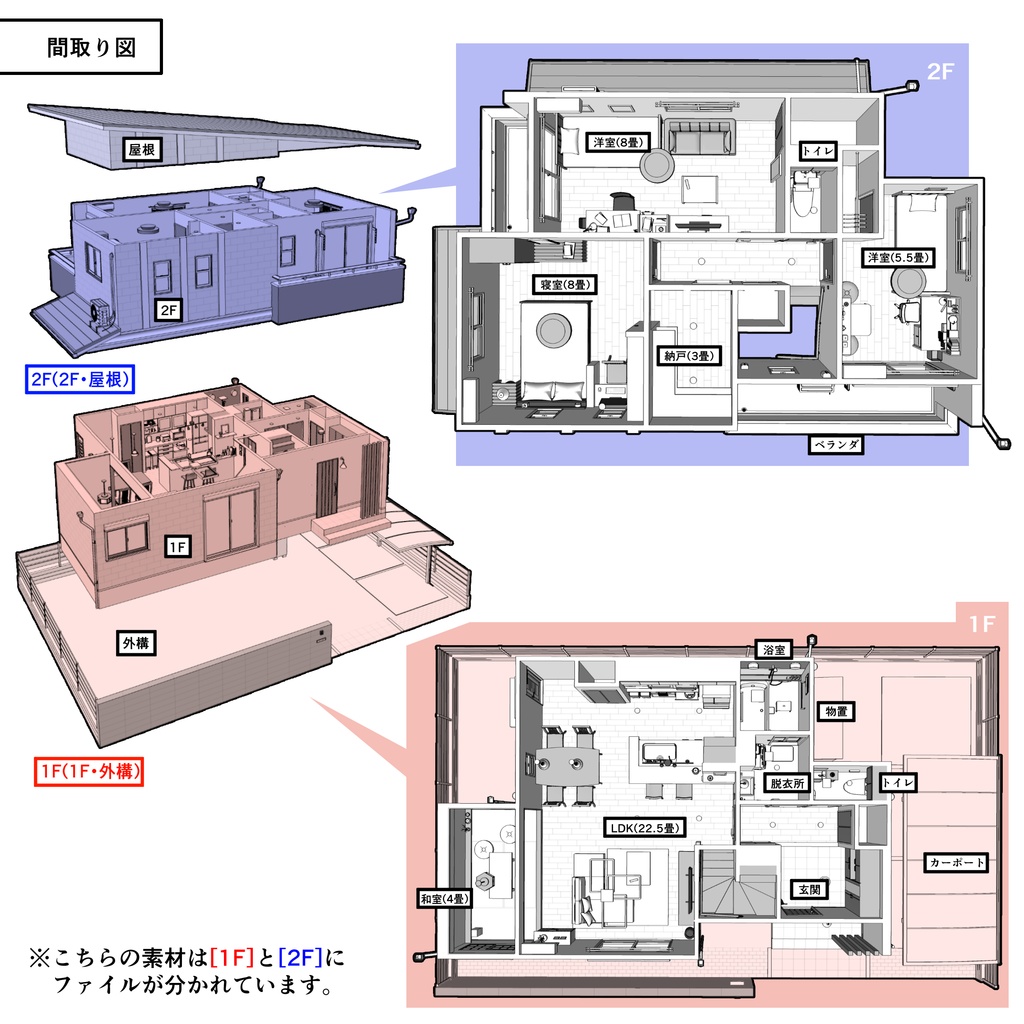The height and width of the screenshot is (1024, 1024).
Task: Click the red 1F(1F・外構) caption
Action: (87, 771)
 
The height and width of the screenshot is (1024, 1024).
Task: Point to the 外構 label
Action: (135, 644)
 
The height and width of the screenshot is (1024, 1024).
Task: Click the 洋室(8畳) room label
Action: (616, 141)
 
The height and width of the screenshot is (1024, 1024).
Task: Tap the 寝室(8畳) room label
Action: (566, 285)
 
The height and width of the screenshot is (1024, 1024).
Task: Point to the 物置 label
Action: (836, 710)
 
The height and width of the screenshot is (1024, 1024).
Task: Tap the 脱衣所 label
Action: (786, 784)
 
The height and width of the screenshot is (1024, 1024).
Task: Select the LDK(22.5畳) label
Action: (645, 828)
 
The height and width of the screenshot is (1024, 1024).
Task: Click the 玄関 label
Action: (808, 888)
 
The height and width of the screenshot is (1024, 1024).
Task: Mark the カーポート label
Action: (957, 862)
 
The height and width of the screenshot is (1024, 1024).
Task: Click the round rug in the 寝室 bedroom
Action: (553, 329)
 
